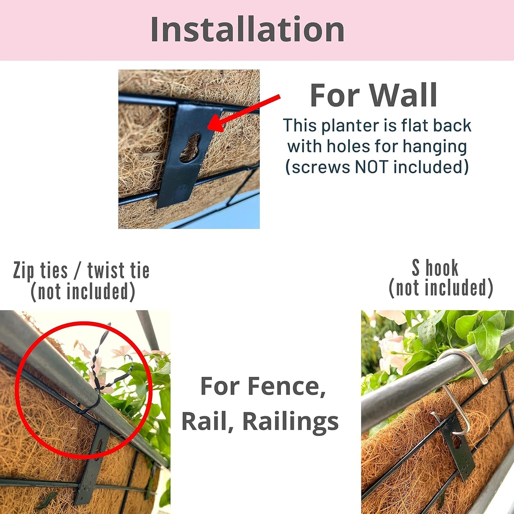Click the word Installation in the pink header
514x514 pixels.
click(x=247, y=30)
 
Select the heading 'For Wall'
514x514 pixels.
click(x=373, y=95)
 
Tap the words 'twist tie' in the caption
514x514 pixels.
click(x=118, y=271)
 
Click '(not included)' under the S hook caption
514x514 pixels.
click(x=441, y=288)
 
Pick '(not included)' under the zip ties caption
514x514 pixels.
click(x=83, y=292)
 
